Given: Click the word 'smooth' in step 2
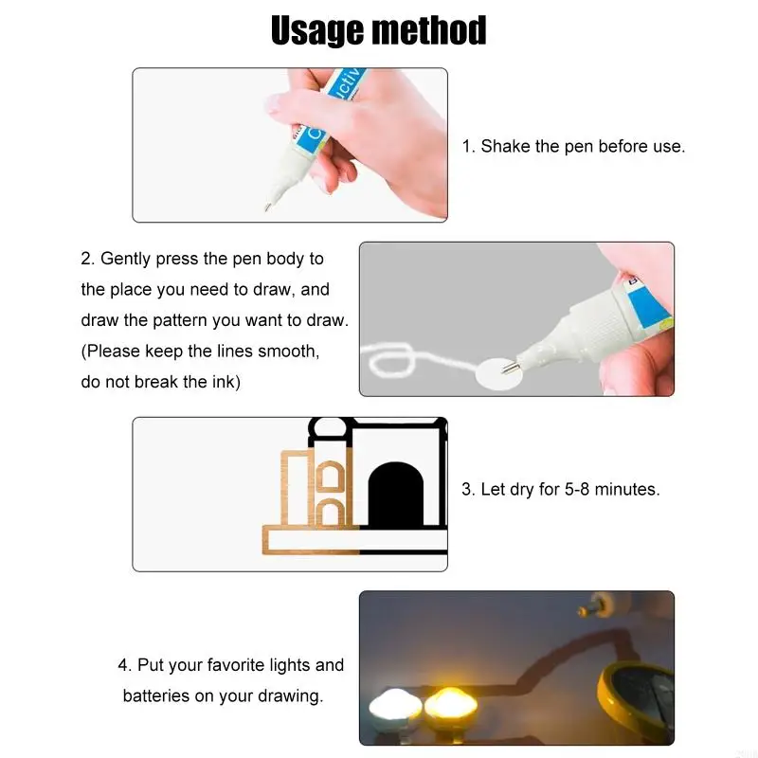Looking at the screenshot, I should [288, 352].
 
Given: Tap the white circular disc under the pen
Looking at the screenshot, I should [498, 371].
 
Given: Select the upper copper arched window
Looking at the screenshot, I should [330, 478].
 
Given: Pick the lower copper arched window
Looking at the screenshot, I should [330, 514].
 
